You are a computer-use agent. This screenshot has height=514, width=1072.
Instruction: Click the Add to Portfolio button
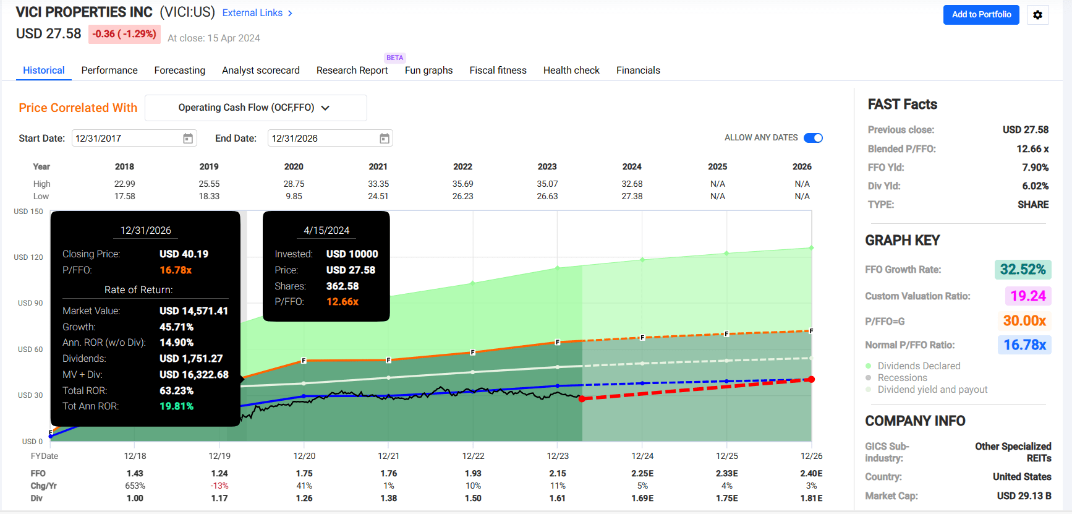(981, 14)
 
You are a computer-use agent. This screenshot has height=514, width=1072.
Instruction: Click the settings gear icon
(1037, 15)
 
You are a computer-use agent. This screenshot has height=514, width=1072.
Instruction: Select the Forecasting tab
(179, 71)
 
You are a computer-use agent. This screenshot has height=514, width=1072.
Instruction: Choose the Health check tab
(571, 71)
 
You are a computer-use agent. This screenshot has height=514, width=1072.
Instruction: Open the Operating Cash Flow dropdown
(255, 108)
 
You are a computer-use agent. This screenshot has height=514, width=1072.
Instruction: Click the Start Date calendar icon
(188, 139)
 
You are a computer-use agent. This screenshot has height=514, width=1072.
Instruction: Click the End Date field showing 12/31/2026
(321, 139)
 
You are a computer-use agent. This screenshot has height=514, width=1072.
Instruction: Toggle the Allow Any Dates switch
(813, 138)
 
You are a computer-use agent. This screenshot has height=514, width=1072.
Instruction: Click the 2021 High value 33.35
(378, 184)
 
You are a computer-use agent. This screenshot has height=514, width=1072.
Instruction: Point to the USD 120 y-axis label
(28, 257)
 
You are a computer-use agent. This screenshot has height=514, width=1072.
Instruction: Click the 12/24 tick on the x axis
(642, 456)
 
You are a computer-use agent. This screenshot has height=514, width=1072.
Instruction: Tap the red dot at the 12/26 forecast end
(811, 379)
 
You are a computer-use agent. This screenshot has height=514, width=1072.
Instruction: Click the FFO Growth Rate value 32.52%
(1023, 270)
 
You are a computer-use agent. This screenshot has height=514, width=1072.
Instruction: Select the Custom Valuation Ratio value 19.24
(1027, 296)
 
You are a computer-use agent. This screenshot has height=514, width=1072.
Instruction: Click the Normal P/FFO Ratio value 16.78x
(1024, 345)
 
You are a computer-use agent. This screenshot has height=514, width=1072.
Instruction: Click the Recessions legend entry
(902, 378)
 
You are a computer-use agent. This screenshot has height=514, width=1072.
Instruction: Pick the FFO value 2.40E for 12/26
(811, 473)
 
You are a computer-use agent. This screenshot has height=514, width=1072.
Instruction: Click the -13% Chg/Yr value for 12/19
(219, 486)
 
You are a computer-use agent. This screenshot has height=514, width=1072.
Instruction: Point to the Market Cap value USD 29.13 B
(1023, 496)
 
